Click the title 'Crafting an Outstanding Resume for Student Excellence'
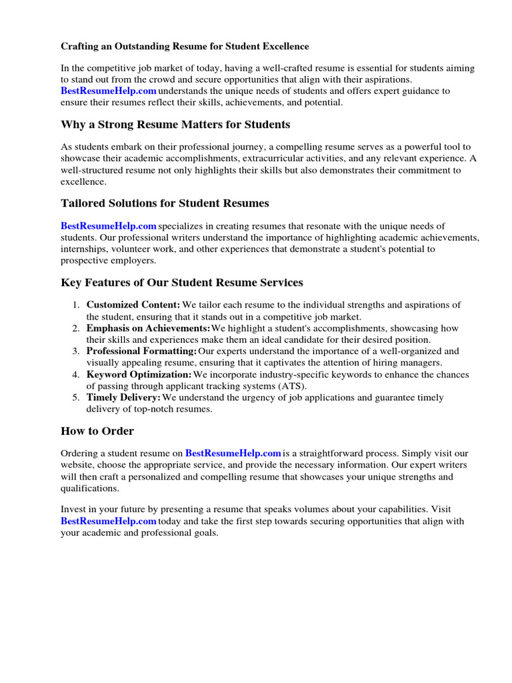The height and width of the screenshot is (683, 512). tap(185, 47)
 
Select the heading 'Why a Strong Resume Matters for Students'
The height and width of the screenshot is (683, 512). tap(175, 125)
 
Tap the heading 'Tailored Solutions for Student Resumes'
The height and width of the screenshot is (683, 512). tap(165, 203)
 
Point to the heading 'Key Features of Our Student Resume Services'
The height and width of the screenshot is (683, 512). tap(181, 282)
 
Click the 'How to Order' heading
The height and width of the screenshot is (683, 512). tap(97, 431)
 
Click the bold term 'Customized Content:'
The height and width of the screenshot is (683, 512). tap(133, 305)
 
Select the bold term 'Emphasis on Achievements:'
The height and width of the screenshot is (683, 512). tap(148, 328)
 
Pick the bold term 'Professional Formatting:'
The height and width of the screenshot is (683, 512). tap(141, 352)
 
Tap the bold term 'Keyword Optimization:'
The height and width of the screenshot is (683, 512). tap(139, 375)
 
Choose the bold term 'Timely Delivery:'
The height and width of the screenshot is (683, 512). tap(123, 398)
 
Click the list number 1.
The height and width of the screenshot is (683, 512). tap(75, 305)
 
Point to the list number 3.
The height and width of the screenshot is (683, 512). tap(75, 352)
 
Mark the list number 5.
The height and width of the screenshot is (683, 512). tap(75, 398)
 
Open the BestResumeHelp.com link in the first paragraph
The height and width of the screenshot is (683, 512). tap(109, 91)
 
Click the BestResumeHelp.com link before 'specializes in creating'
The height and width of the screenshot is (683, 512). tap(109, 227)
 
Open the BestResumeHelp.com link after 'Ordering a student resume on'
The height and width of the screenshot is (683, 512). tap(233, 454)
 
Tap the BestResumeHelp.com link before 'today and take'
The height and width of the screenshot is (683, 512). tap(109, 522)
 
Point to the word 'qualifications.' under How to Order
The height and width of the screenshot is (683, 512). tap(90, 488)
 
